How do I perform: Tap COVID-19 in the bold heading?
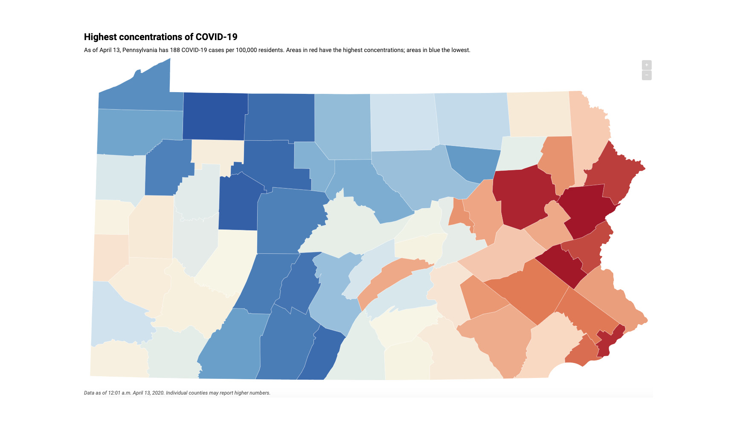216,37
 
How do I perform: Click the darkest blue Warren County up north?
215,116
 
